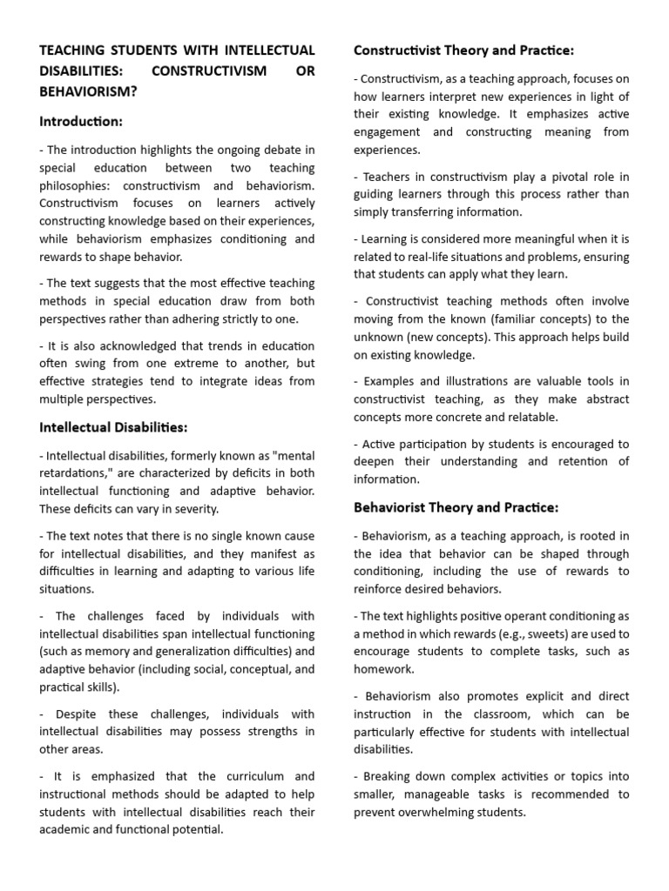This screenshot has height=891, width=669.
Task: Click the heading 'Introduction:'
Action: coord(81,121)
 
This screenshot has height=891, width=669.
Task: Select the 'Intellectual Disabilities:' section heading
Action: coord(113,426)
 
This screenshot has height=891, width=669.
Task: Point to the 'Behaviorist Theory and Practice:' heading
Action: coord(456,506)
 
